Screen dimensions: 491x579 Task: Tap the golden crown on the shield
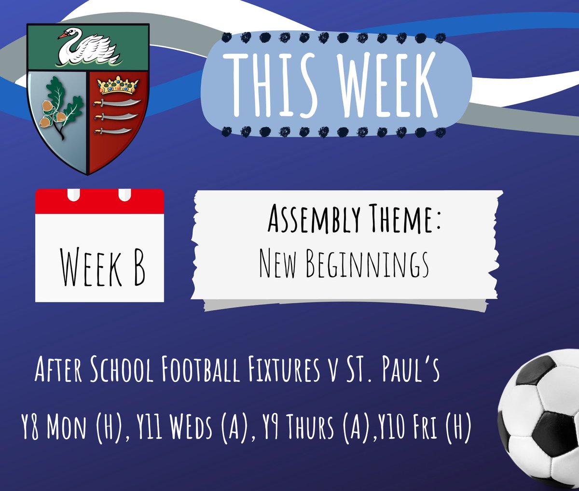coord(118,86)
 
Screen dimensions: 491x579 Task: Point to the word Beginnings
coord(367,265)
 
